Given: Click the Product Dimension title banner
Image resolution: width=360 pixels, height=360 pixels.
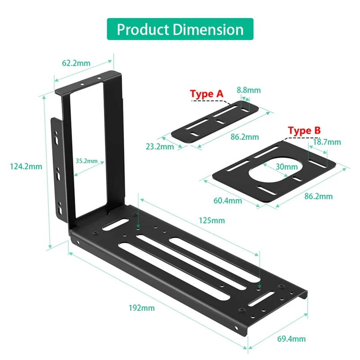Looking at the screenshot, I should [180, 29].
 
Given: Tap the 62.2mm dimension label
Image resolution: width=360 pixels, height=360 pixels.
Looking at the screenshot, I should [76, 63].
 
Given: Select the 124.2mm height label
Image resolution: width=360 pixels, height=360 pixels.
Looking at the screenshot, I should [26, 166].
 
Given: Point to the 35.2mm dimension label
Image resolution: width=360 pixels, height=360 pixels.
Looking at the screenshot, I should [86, 160].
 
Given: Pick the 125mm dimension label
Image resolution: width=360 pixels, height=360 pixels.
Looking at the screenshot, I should [211, 220].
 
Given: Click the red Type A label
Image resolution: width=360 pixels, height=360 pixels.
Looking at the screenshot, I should [207, 94].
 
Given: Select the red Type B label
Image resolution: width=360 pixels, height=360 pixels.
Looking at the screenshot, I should [304, 131].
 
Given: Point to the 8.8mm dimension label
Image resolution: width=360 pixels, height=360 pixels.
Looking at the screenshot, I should [248, 90].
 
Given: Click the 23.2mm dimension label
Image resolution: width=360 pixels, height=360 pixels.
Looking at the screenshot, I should [160, 147].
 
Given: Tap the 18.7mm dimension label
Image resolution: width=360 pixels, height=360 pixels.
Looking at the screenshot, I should [326, 142].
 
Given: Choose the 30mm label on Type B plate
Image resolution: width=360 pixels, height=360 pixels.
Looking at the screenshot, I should [283, 166].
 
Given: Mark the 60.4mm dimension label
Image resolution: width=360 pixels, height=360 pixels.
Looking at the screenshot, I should [227, 200].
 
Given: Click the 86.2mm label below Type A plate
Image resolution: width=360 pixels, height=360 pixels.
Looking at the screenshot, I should [244, 137].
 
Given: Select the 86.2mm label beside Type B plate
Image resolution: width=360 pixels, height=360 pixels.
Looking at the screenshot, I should [318, 196].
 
